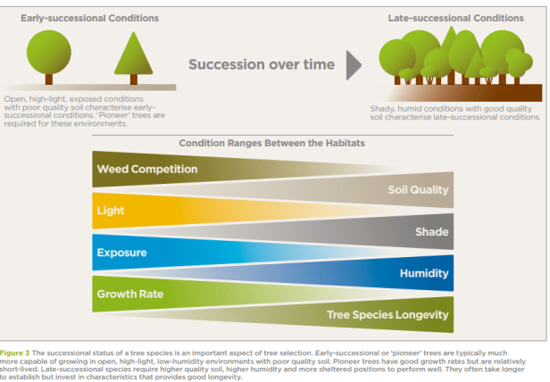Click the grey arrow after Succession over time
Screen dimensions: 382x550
pyautogui.click(x=354, y=64)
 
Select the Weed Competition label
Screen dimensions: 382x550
pyautogui.click(x=147, y=169)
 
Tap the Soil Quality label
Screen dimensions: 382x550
pyautogui.click(x=418, y=190)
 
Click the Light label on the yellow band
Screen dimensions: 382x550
pyautogui.click(x=111, y=211)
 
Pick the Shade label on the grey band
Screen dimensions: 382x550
pyautogui.click(x=431, y=232)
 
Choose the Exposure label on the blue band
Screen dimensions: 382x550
pyautogui.click(x=121, y=253)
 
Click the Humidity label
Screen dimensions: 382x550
pyautogui.click(x=423, y=273)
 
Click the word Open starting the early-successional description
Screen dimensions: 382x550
pyautogui.click(x=16, y=100)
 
